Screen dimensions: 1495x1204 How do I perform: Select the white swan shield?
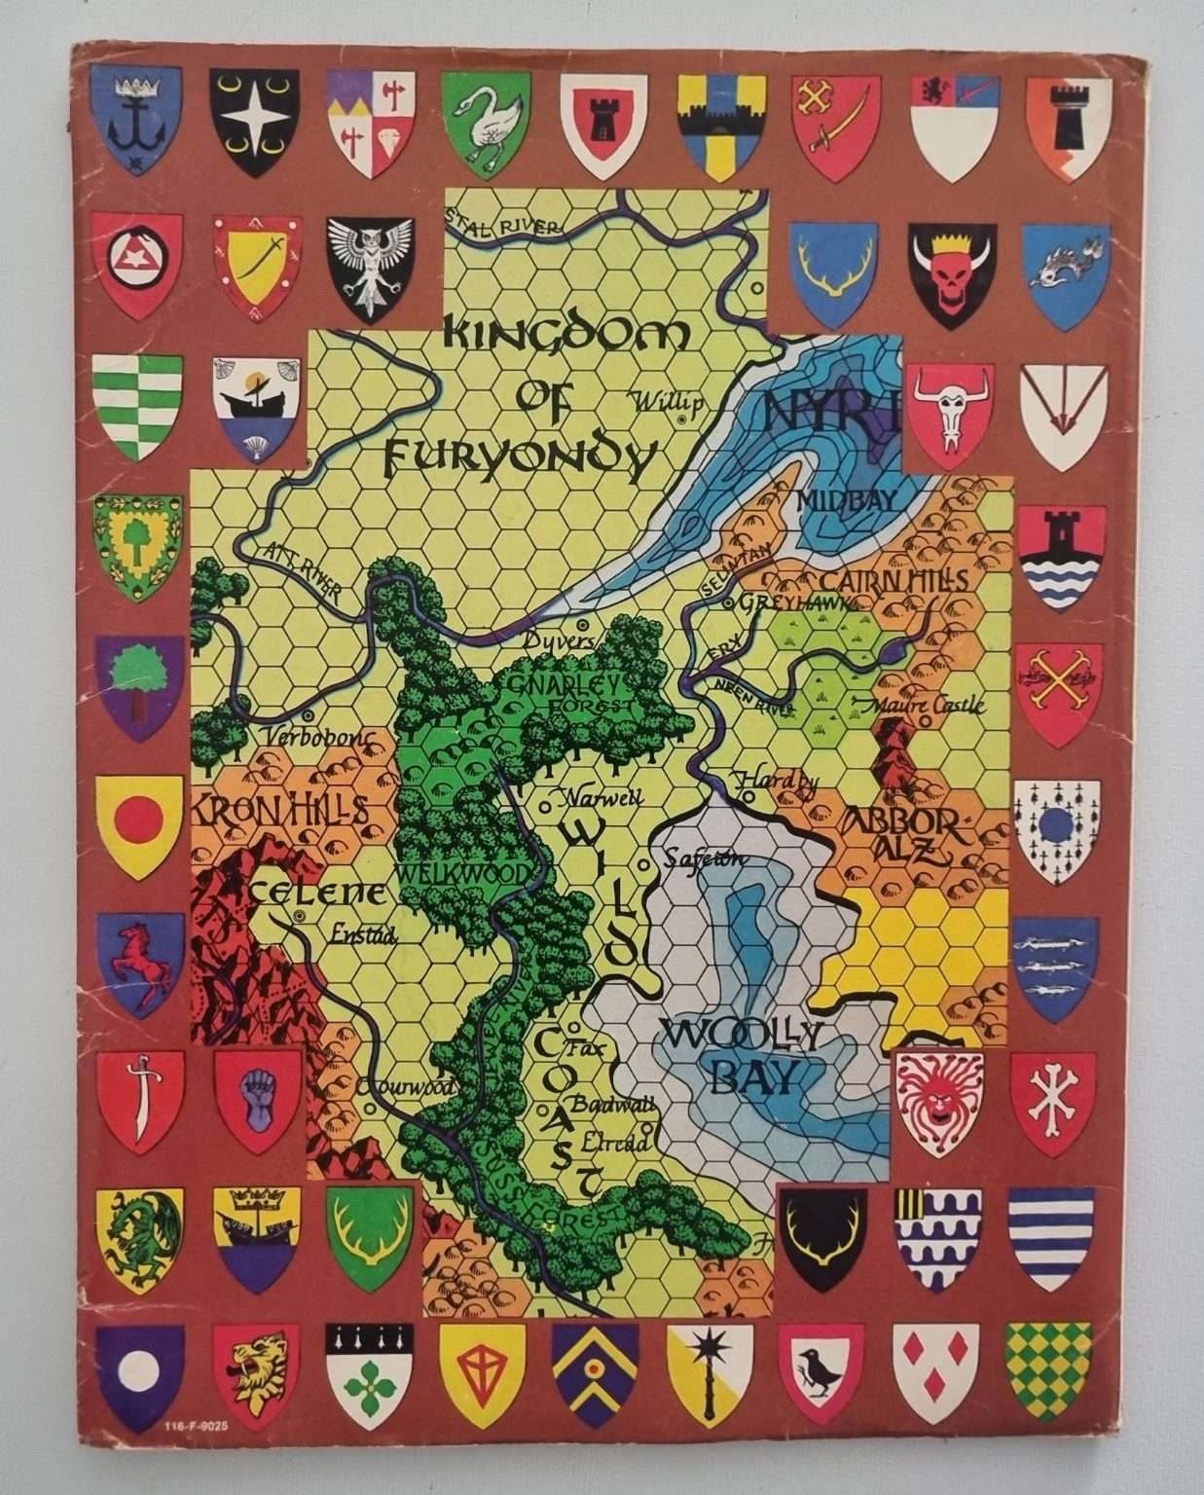point(486,123)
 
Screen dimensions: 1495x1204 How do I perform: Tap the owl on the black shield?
point(369,263)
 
